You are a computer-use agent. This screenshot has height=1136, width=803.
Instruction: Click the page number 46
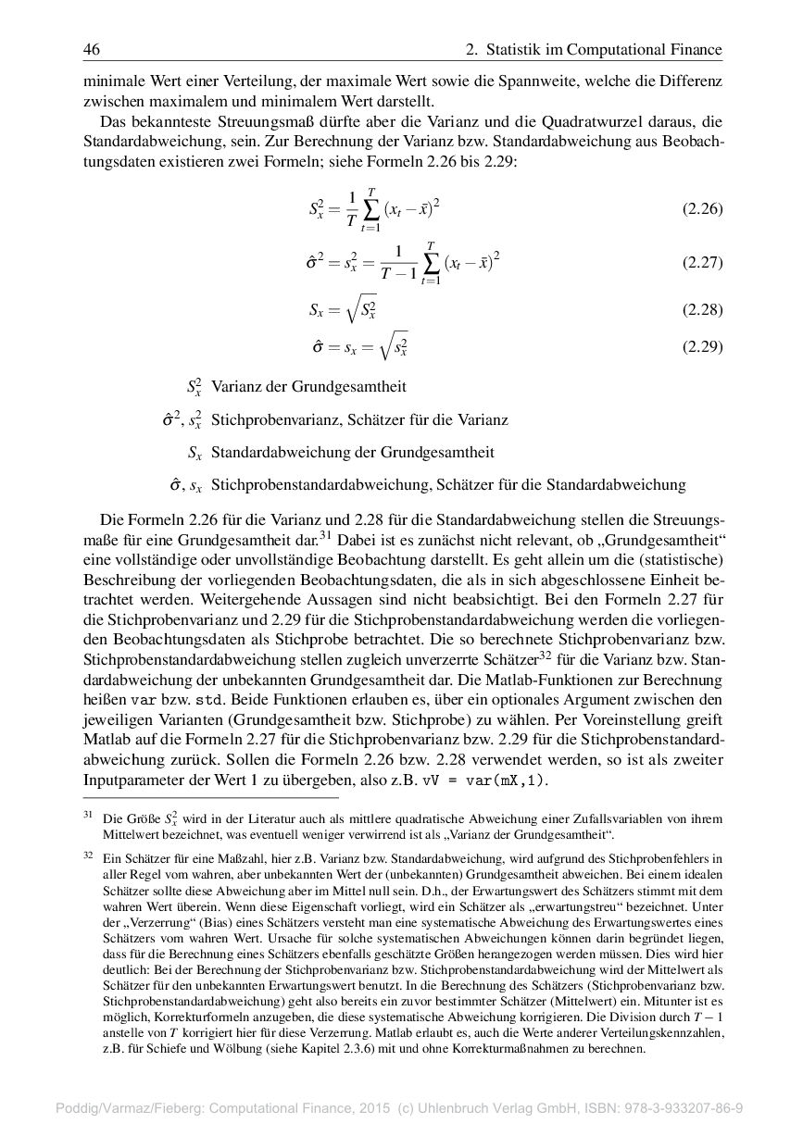point(92,49)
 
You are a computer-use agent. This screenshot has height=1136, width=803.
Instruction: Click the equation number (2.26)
point(702,208)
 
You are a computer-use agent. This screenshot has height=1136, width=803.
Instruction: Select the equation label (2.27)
point(702,262)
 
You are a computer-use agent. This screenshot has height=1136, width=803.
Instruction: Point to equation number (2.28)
point(702,309)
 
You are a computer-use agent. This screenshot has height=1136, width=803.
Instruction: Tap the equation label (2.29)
point(702,347)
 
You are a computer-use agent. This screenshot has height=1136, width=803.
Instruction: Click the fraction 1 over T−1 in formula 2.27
point(397,262)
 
